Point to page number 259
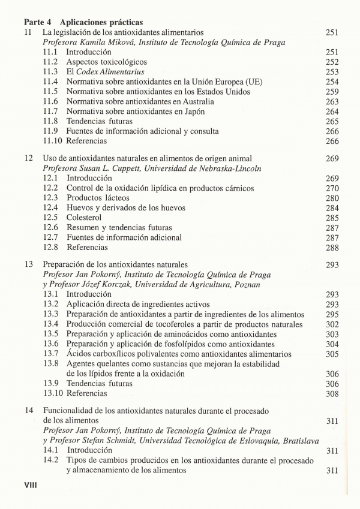click(x=332, y=92)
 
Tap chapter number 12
click(x=28, y=159)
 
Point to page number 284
click(x=332, y=208)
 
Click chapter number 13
click(x=28, y=264)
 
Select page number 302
click(x=332, y=324)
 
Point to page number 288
click(x=332, y=247)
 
